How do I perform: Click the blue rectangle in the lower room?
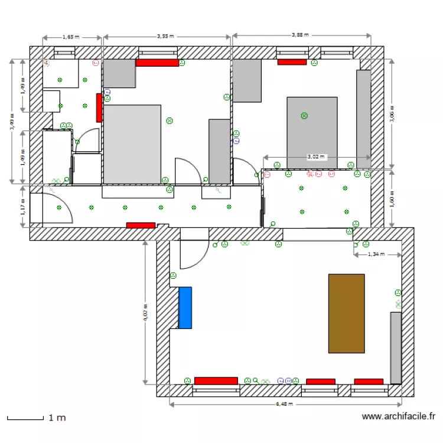coord(185,307)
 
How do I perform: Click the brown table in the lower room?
coord(346,313)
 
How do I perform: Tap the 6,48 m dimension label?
coord(284,405)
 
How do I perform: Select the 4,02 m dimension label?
coord(145,312)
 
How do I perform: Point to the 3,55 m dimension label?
coord(165,37)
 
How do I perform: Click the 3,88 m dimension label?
coord(300,35)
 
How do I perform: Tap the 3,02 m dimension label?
coord(315,157)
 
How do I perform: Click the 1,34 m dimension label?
coord(376,255)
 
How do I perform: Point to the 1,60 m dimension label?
coord(392,198)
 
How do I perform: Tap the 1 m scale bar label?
coord(57,418)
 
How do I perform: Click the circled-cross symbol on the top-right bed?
coord(304,116)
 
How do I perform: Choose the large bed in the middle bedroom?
coord(132,144)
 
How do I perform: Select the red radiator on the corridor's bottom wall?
coord(141,225)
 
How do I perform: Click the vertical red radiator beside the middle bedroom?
coord(99,107)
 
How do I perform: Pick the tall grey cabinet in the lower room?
coord(396,347)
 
